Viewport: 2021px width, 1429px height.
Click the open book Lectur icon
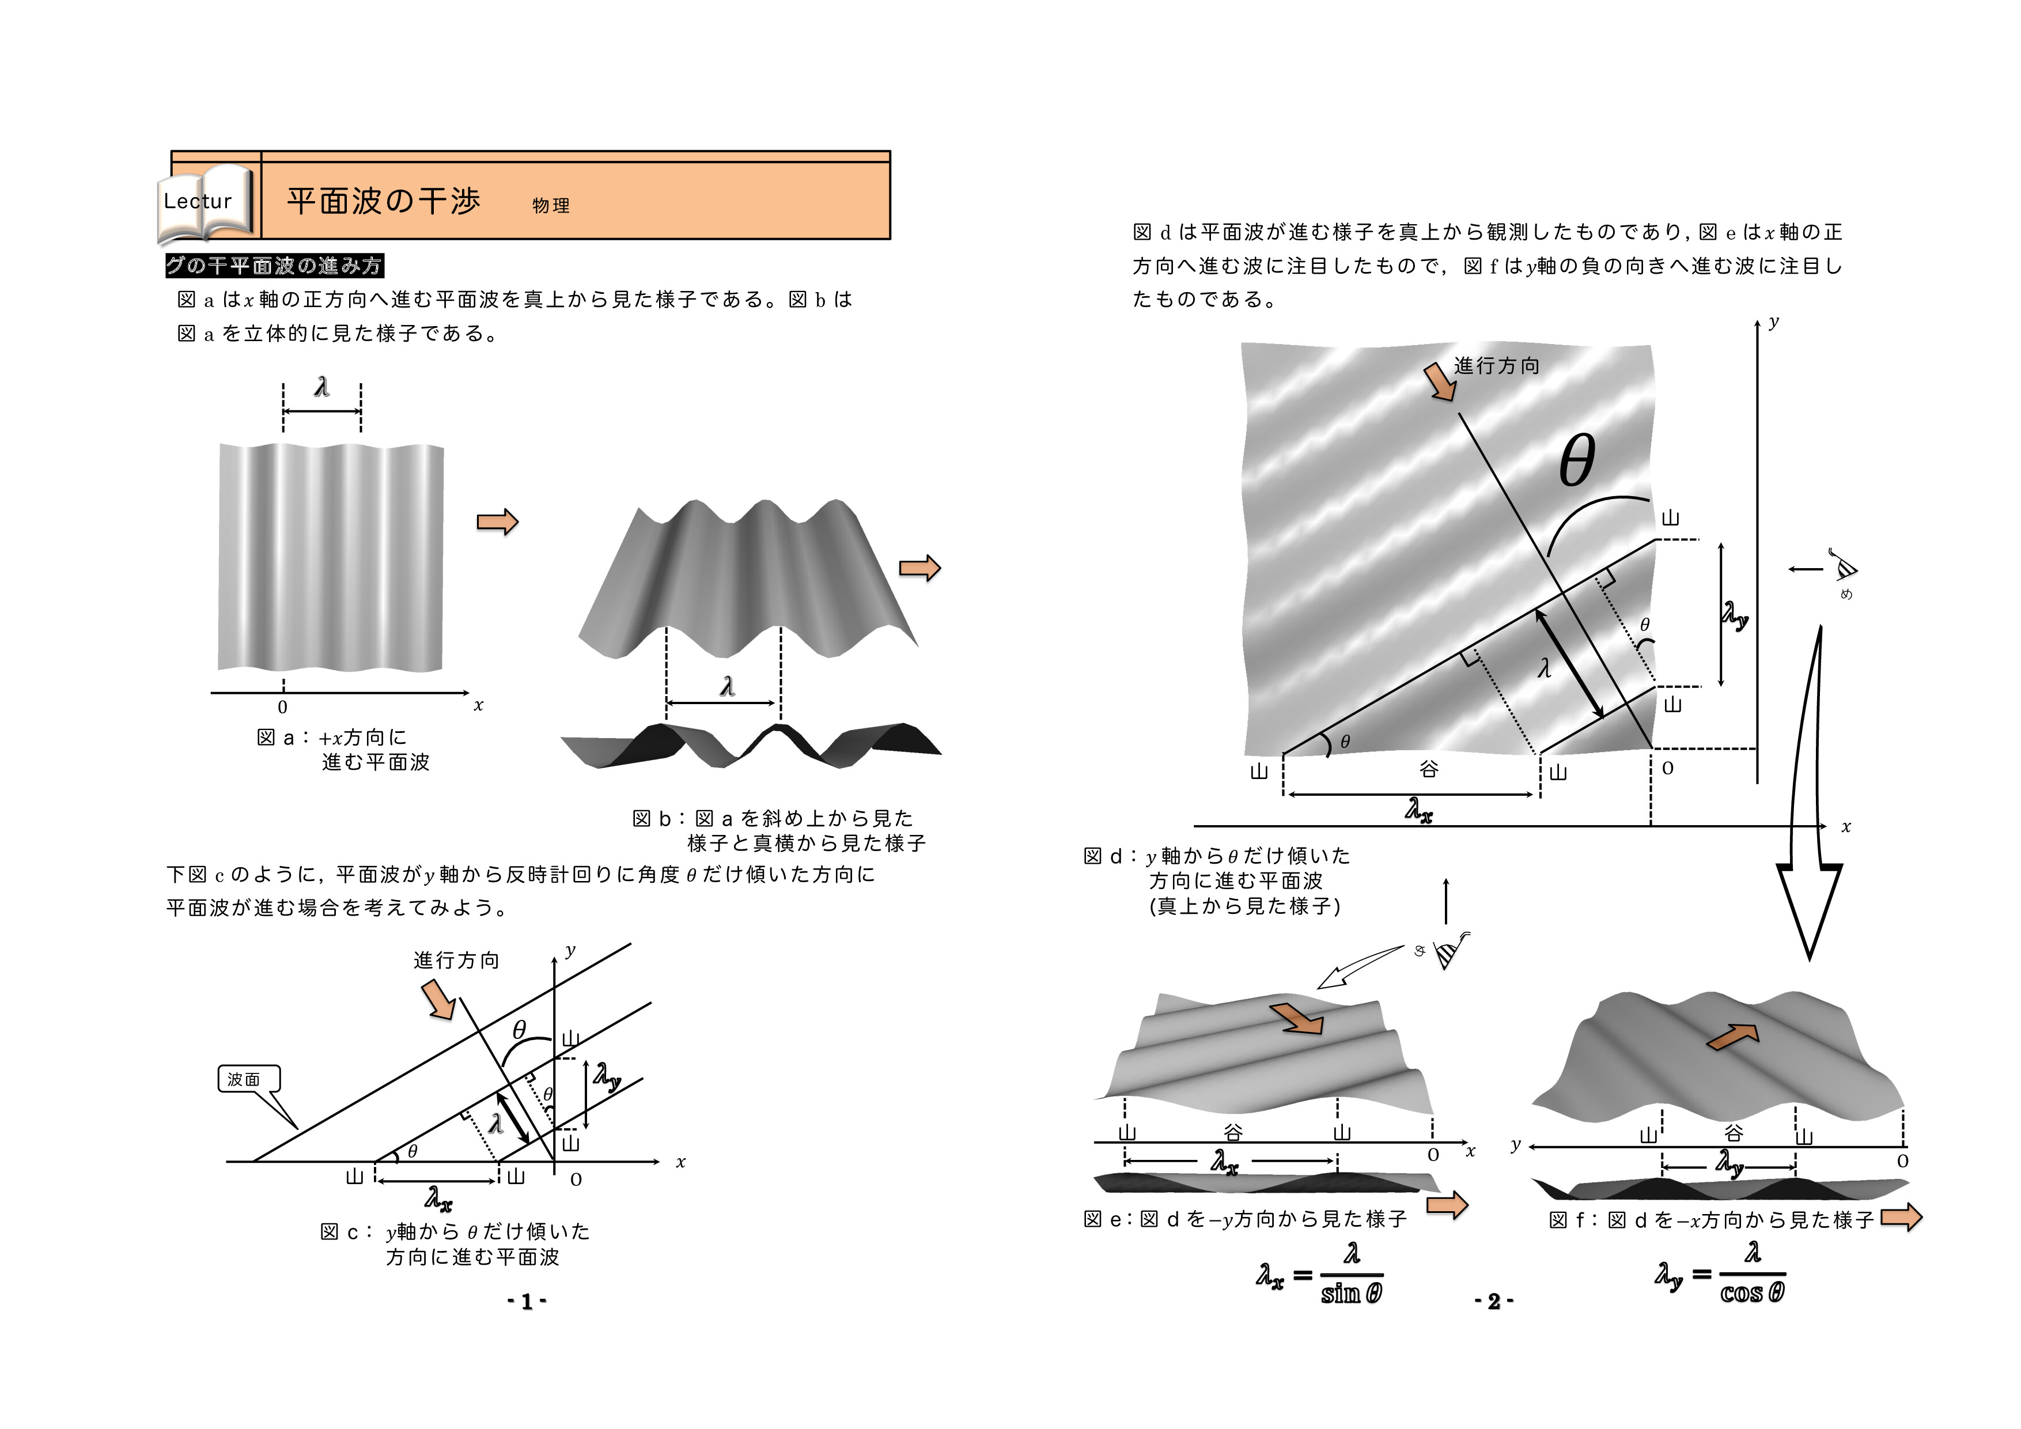[205, 202]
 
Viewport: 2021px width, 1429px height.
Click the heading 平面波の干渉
[383, 201]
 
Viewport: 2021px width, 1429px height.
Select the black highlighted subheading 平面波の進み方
[274, 266]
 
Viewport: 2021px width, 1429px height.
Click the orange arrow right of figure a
[497, 522]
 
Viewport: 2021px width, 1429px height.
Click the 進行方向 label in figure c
[456, 961]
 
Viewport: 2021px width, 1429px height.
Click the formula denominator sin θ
[1351, 1294]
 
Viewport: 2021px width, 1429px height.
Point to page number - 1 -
[527, 1301]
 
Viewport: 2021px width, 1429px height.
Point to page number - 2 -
[1494, 1301]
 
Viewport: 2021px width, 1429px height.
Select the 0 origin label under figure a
[282, 707]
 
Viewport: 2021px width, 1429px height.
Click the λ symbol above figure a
[322, 387]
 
